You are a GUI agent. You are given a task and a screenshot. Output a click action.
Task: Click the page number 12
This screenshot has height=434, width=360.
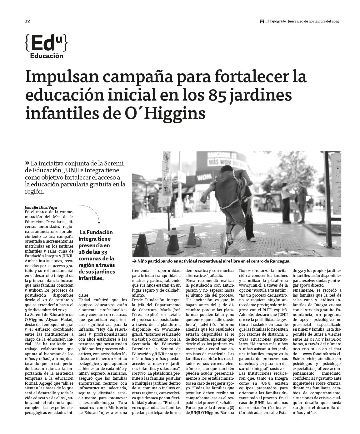click(27, 21)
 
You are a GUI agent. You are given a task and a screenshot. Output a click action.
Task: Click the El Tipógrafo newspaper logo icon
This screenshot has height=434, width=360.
click(262, 22)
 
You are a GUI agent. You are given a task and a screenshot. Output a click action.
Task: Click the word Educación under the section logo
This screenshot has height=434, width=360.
click(47, 56)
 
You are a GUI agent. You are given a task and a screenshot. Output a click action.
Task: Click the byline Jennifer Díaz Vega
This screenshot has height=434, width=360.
click(41, 207)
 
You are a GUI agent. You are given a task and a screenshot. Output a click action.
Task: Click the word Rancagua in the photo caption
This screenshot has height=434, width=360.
click(279, 261)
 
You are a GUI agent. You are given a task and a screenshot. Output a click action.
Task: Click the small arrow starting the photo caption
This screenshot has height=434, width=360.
click(134, 261)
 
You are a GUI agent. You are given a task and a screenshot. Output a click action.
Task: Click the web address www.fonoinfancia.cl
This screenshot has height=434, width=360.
click(322, 354)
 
